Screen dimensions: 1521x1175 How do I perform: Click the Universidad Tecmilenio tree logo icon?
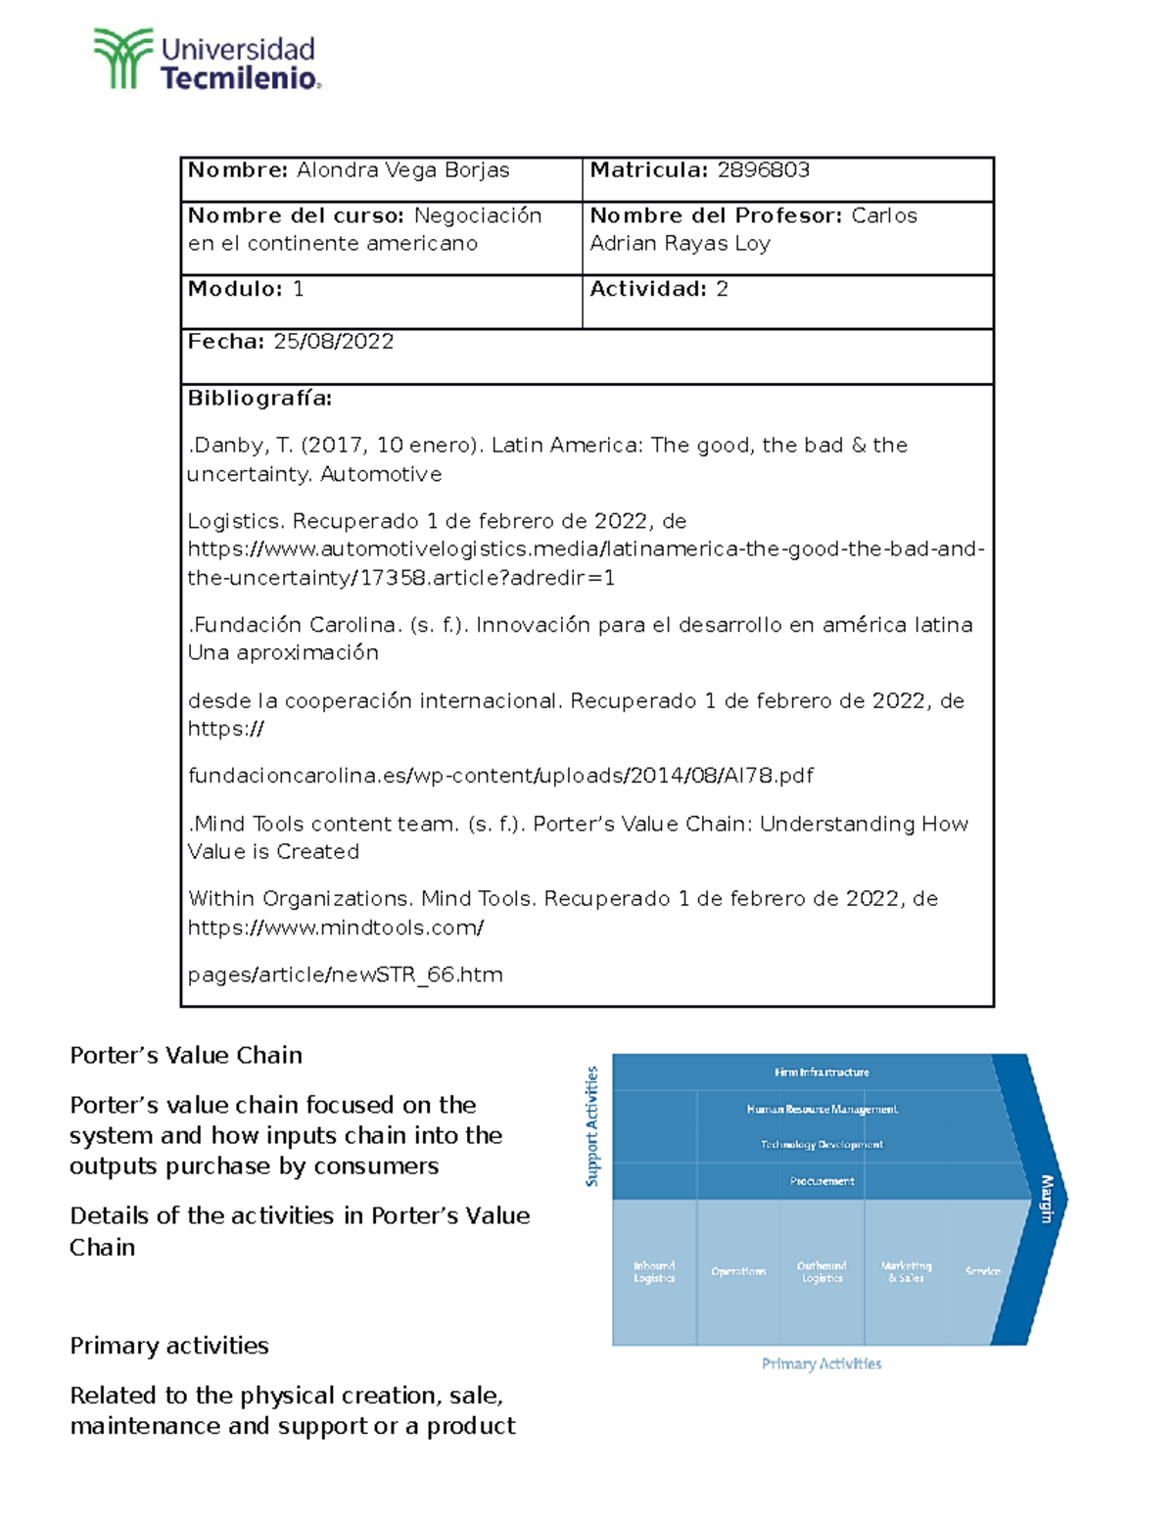pyautogui.click(x=122, y=59)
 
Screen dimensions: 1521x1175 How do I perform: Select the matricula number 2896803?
pyautogui.click(x=763, y=170)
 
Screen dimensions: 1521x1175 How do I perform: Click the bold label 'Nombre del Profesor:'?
pyautogui.click(x=716, y=215)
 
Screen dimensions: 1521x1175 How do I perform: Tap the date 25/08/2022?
pyautogui.click(x=333, y=342)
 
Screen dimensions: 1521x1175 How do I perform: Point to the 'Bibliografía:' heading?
pyautogui.click(x=259, y=399)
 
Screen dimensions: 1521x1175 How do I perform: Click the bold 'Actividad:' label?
pyautogui.click(x=647, y=289)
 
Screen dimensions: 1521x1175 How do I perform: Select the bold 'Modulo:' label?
pyautogui.click(x=235, y=289)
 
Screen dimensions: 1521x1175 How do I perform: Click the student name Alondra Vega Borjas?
pyautogui.click(x=402, y=170)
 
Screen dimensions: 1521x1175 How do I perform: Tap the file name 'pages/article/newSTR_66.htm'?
pyautogui.click(x=345, y=974)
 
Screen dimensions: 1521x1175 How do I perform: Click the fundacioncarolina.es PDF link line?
pyautogui.click(x=500, y=776)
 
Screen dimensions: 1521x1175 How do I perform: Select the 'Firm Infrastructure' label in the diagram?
pyautogui.click(x=822, y=1072)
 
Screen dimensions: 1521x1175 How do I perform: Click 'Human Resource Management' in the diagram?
pyautogui.click(x=822, y=1110)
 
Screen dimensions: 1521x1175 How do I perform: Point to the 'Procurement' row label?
pyautogui.click(x=822, y=1181)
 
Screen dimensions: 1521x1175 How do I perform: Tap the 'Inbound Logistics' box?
pyautogui.click(x=654, y=1271)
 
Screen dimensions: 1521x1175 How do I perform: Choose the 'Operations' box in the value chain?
pyautogui.click(x=738, y=1271)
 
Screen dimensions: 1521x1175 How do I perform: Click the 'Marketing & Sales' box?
pyautogui.click(x=906, y=1271)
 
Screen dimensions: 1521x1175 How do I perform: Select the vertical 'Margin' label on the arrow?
pyautogui.click(x=1046, y=1199)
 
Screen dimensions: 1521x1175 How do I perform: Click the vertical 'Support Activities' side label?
pyautogui.click(x=591, y=1126)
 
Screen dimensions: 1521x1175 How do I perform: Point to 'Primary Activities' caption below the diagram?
pyautogui.click(x=822, y=1363)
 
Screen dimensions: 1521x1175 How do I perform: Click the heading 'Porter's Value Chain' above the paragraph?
pyautogui.click(x=186, y=1056)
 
